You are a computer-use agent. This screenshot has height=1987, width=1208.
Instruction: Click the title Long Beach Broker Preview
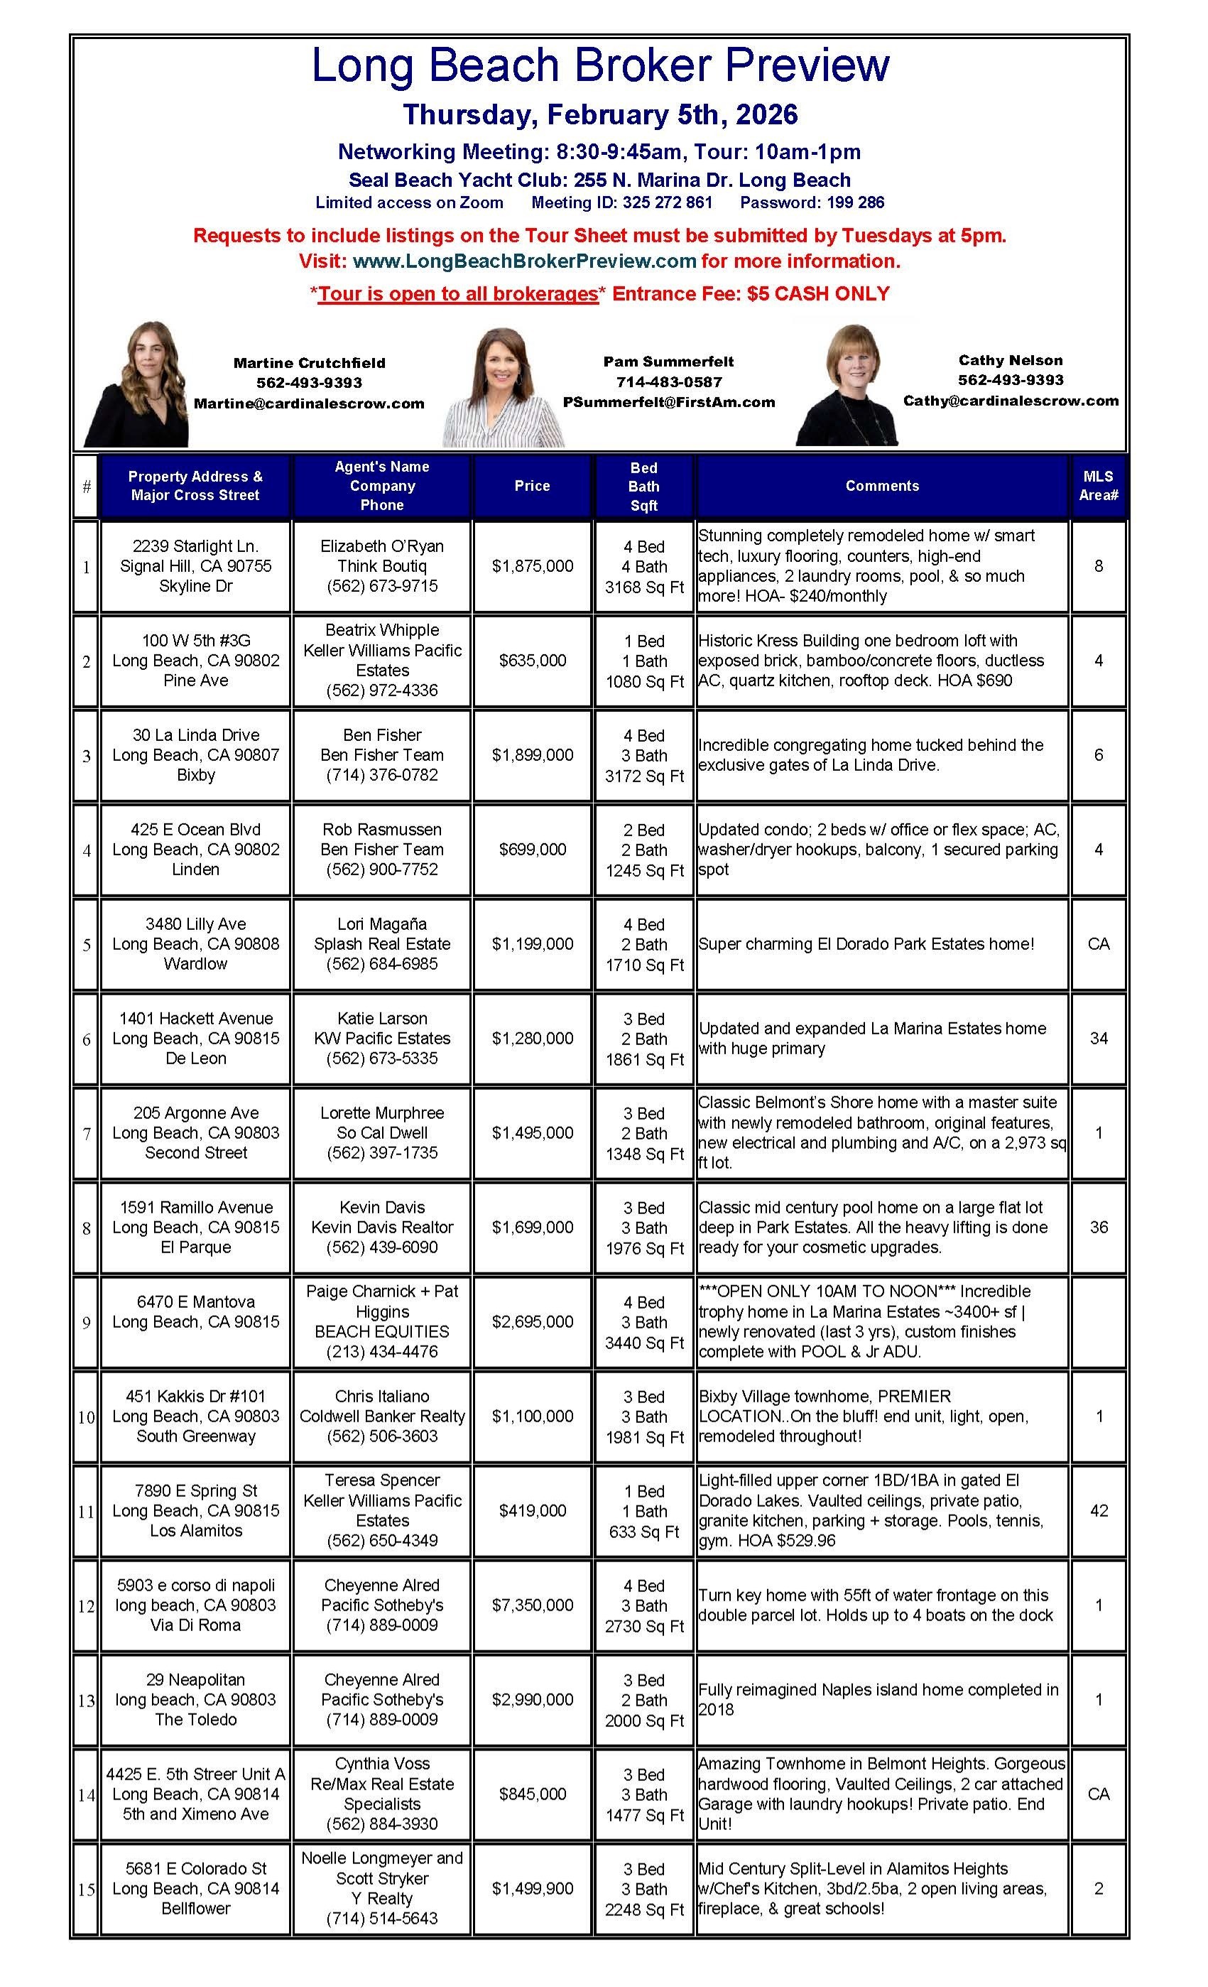click(x=601, y=65)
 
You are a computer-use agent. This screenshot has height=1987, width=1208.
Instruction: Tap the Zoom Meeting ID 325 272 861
click(x=621, y=202)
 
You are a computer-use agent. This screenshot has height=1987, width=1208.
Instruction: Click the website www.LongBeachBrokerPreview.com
click(x=524, y=261)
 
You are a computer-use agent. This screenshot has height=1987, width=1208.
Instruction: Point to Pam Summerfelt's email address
click(x=668, y=401)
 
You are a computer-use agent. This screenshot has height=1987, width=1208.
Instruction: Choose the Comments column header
click(x=881, y=485)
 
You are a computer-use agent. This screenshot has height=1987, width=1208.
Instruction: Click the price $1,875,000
click(x=532, y=566)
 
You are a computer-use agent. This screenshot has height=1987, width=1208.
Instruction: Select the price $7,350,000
click(x=532, y=1605)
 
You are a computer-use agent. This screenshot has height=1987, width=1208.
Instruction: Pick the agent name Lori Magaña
click(x=382, y=924)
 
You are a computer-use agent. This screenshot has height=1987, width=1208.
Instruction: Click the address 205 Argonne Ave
click(x=196, y=1113)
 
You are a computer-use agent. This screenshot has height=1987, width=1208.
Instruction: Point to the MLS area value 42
click(x=1099, y=1510)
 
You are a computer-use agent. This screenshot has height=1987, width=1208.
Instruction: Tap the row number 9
click(x=87, y=1323)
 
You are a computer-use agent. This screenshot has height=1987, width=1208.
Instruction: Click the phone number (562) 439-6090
click(x=382, y=1247)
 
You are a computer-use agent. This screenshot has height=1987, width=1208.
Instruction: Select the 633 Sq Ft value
click(x=643, y=1532)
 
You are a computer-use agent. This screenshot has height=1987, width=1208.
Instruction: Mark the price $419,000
click(x=532, y=1510)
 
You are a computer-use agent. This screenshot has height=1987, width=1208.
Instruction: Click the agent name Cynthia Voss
click(x=382, y=1764)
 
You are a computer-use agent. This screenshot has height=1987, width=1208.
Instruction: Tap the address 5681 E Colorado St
click(x=196, y=1868)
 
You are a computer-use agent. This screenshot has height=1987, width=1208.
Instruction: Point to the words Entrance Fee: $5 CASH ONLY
click(x=750, y=293)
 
